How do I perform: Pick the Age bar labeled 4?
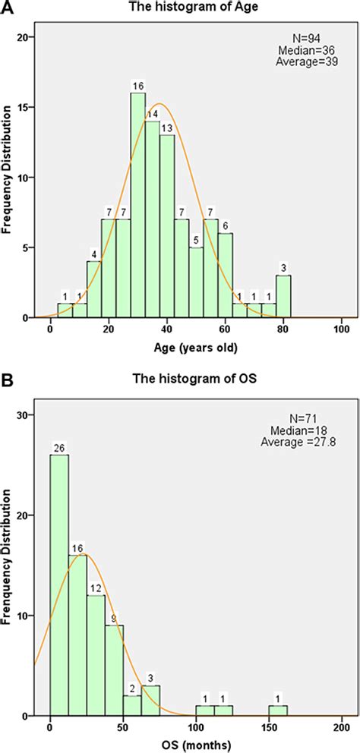94,289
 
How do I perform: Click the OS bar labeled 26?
59,584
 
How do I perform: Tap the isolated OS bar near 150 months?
278,710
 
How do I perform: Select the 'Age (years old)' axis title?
196,348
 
